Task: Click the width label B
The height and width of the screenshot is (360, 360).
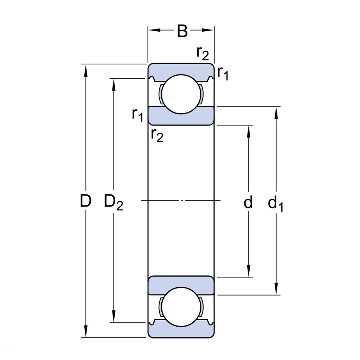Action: click(182, 31)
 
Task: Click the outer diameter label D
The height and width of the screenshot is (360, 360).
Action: click(86, 201)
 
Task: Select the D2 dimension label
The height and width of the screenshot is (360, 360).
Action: click(114, 202)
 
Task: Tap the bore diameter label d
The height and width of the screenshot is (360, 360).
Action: click(248, 202)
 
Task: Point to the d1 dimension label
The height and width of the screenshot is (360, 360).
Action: click(276, 204)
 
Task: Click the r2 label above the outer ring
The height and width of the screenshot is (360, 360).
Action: click(203, 53)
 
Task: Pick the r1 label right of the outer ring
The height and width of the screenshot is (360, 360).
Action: click(223, 73)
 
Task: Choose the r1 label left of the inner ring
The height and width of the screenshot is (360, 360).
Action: click(137, 115)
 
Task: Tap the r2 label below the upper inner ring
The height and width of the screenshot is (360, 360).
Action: click(157, 136)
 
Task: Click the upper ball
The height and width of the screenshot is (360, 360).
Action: click(181, 94)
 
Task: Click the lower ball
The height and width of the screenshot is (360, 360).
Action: click(181, 307)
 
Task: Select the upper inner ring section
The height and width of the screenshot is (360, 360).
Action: click(181, 116)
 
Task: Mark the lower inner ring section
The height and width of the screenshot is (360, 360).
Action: click(181, 285)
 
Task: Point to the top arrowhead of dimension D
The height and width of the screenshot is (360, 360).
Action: click(86, 70)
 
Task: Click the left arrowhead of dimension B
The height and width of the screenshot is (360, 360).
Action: click(154, 30)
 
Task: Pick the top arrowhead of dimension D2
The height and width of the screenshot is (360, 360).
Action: click(114, 84)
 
